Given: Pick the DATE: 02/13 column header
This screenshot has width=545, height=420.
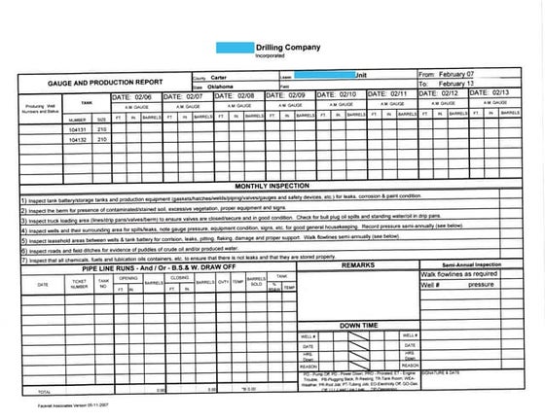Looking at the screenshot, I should point(492,94).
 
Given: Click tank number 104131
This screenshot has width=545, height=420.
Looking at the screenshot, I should point(78,128).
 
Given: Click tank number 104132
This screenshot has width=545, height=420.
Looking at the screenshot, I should point(78,140).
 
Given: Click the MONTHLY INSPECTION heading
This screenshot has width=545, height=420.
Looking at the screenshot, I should point(271,185).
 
